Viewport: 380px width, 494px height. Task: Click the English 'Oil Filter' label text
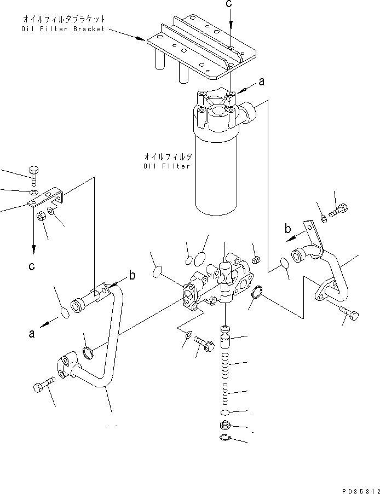click(167, 166)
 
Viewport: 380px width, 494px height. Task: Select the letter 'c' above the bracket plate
click(231, 5)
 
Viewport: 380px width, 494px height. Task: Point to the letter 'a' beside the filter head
click(261, 82)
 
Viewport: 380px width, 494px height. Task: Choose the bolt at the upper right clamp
click(338, 208)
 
